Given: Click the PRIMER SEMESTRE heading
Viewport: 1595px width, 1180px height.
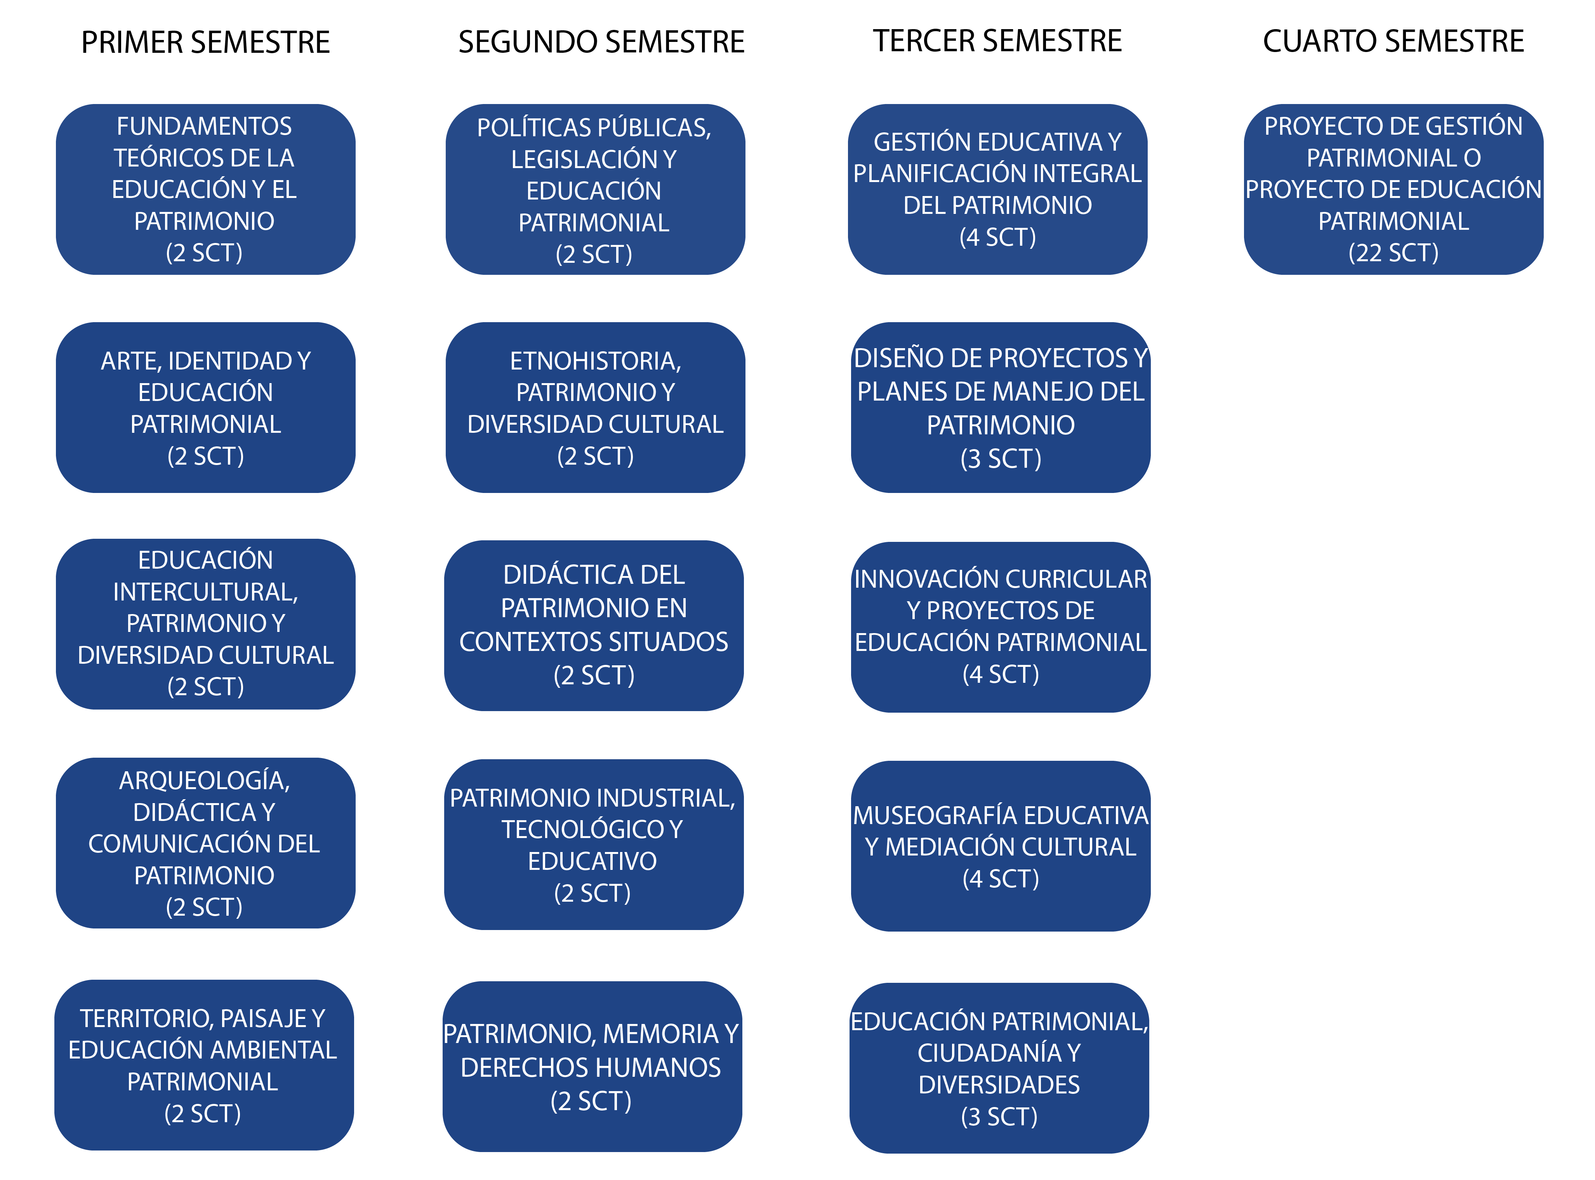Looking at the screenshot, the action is [x=206, y=42].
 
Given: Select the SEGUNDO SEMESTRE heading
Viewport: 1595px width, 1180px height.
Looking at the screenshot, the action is [x=601, y=42].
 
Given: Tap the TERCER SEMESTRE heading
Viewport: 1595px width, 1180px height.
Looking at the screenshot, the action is [x=997, y=41].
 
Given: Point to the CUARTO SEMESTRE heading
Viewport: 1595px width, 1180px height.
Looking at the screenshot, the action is [x=1393, y=41].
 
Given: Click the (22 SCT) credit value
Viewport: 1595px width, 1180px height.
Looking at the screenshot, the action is [x=1393, y=253].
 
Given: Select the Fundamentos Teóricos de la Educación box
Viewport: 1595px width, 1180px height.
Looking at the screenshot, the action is [x=206, y=189].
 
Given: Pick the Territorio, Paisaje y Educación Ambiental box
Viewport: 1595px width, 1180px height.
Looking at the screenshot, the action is [x=204, y=1065].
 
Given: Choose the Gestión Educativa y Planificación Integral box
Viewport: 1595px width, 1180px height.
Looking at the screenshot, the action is [x=998, y=189].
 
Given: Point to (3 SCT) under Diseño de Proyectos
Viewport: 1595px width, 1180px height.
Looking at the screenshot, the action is [x=1001, y=458].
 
